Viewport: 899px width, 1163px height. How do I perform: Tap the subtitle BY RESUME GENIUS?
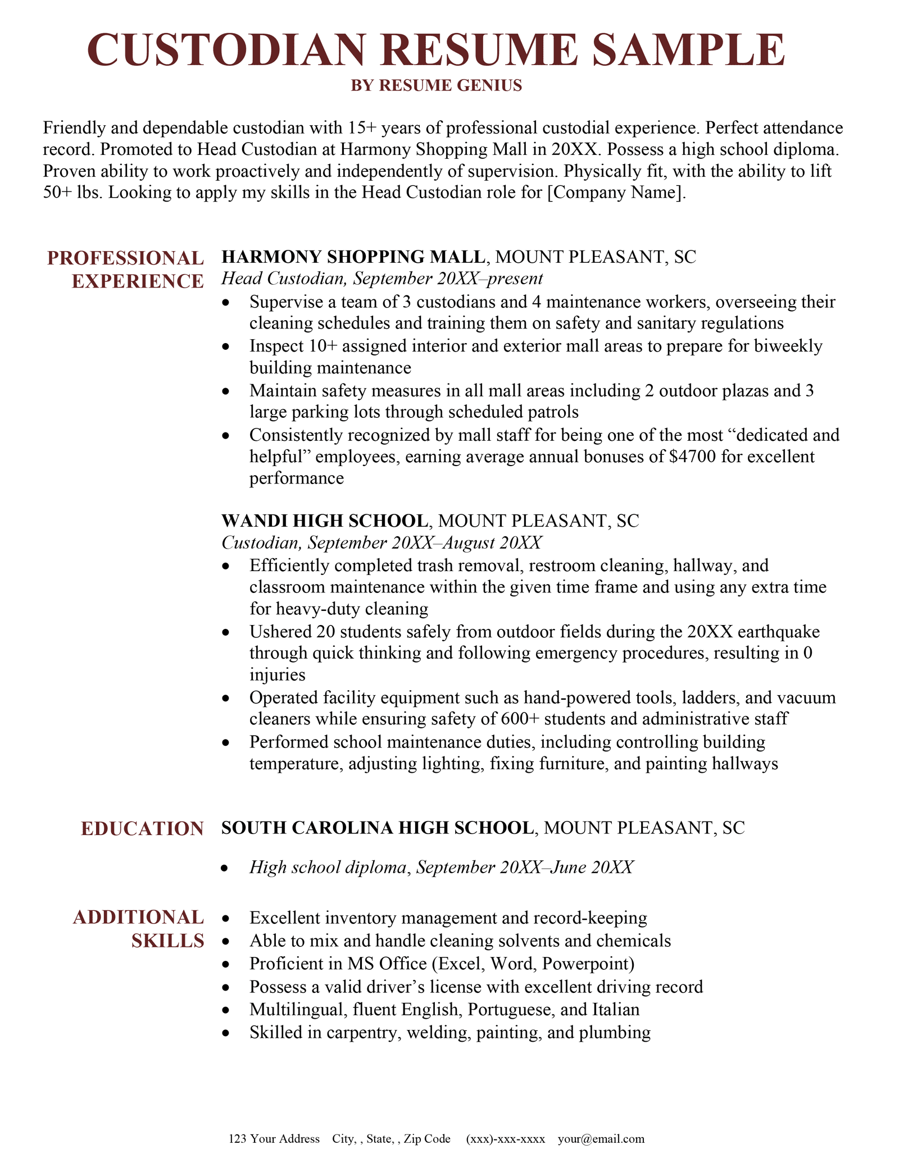(437, 85)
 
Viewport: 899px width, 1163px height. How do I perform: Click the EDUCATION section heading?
(142, 829)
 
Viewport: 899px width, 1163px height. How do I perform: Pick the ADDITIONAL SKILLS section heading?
(138, 929)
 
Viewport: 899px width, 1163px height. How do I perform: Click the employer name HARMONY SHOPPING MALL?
(353, 257)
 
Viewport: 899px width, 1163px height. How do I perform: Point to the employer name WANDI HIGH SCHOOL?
(325, 521)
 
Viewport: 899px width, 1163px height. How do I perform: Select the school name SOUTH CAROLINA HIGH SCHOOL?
(378, 827)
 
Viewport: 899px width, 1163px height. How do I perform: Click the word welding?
(437, 1032)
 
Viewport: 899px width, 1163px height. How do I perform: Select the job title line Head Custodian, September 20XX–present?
(382, 279)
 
